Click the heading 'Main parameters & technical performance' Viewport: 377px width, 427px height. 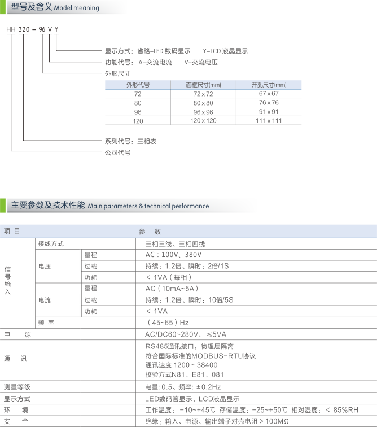(148, 206)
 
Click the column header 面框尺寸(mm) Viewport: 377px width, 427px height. (203, 85)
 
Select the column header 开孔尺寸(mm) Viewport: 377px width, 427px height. (269, 85)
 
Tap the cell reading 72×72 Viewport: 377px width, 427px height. (203, 94)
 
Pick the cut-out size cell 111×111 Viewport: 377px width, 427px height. (269, 121)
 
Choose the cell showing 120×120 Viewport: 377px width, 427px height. (203, 121)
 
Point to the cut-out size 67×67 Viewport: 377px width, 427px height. (269, 94)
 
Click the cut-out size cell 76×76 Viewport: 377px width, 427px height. (269, 103)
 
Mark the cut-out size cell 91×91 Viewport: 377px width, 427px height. (269, 112)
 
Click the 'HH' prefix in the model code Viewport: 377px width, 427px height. (11, 29)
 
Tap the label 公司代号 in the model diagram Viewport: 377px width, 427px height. (117, 152)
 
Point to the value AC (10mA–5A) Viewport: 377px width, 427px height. (172, 289)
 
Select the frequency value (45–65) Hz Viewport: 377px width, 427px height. (168, 323)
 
